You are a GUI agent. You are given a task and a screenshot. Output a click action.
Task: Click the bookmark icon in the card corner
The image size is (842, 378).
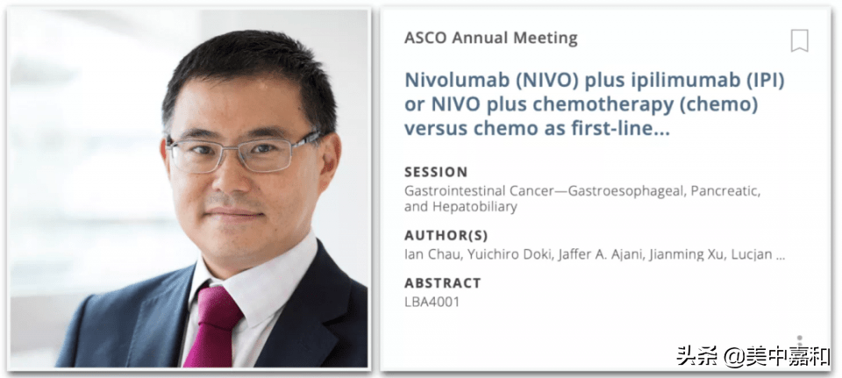pyautogui.click(x=800, y=41)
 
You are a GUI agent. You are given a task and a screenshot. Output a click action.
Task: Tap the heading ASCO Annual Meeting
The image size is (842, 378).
pyautogui.click(x=491, y=38)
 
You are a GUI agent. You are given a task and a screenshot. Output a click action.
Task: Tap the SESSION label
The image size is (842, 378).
pyautogui.click(x=436, y=173)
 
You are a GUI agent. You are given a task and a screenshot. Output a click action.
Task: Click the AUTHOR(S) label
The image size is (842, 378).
pyautogui.click(x=446, y=236)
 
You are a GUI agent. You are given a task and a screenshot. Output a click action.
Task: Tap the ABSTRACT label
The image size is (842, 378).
pyautogui.click(x=442, y=283)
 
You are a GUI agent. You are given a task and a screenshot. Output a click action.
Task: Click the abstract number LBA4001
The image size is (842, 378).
pyautogui.click(x=432, y=302)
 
